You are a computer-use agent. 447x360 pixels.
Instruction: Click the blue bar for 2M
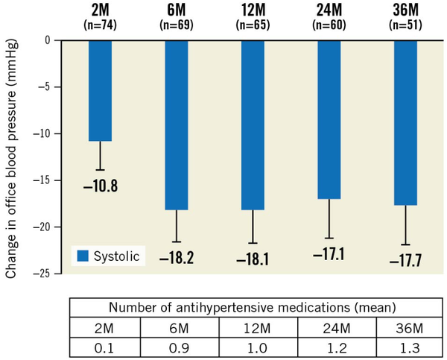point(100,90)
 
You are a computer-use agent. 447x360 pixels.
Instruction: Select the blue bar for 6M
point(177,124)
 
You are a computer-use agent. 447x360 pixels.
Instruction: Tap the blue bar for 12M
point(253,124)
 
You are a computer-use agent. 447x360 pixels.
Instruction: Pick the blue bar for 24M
point(330,119)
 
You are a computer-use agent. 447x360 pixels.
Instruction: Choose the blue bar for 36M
point(406,122)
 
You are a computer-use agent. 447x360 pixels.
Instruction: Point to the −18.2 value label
point(177,258)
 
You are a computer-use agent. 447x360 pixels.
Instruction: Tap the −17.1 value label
point(330,254)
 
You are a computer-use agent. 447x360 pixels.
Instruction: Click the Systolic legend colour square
point(81,256)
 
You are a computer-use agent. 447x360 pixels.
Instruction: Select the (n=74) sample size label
point(100,25)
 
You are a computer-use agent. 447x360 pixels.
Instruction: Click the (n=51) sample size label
point(406,25)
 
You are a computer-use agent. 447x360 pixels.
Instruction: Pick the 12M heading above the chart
point(253,10)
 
